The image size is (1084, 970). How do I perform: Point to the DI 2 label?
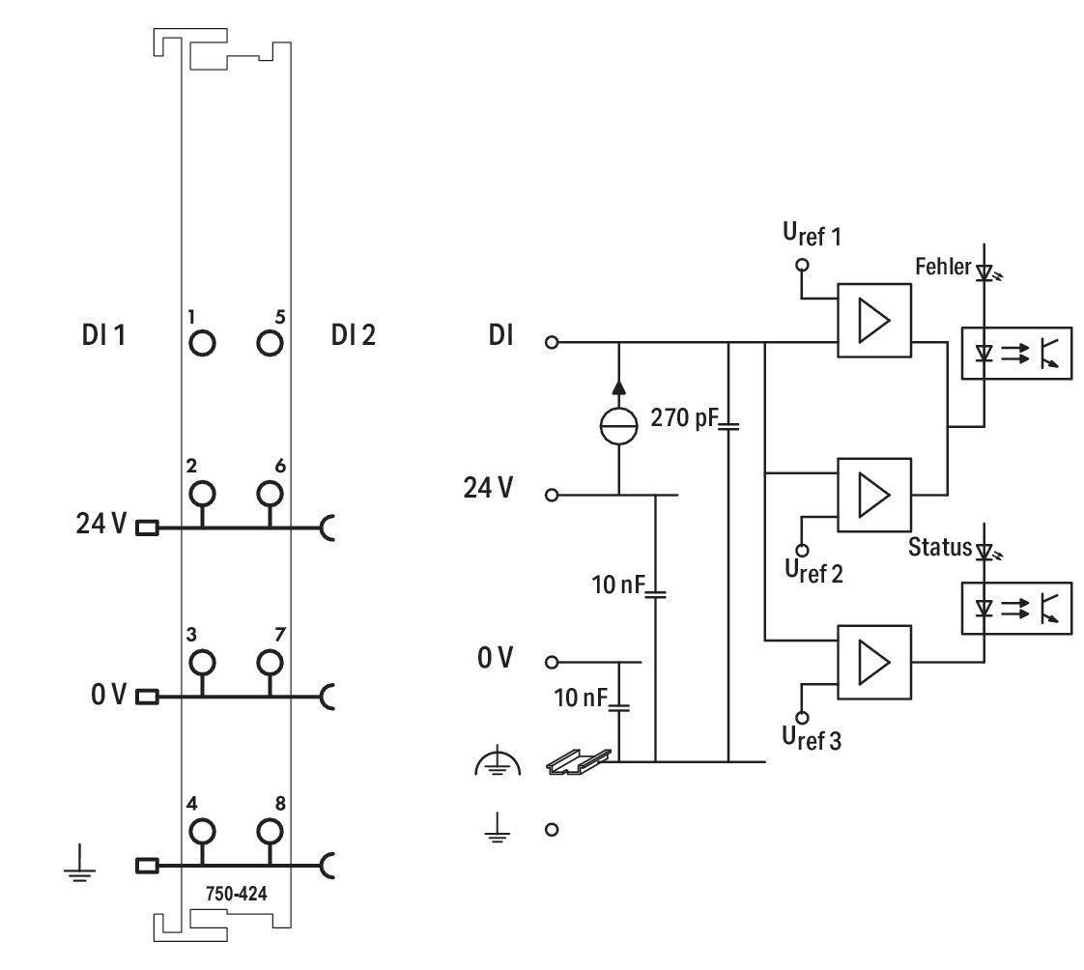(354, 335)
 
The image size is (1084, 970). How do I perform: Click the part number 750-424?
(237, 894)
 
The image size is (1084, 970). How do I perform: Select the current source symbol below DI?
(618, 426)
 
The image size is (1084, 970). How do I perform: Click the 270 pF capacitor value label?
(684, 417)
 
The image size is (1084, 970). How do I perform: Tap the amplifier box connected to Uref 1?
(873, 320)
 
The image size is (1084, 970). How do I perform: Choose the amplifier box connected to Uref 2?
(873, 495)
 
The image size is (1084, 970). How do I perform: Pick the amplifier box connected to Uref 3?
(873, 663)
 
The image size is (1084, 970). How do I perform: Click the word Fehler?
(943, 267)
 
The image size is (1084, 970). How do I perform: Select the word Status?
(940, 547)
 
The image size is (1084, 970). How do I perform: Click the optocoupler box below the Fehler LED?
(1017, 353)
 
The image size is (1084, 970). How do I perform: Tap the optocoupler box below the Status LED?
(1017, 609)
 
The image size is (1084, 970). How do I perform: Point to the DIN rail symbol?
(579, 761)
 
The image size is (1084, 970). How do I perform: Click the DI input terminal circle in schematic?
(552, 342)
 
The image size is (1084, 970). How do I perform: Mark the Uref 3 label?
(812, 738)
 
